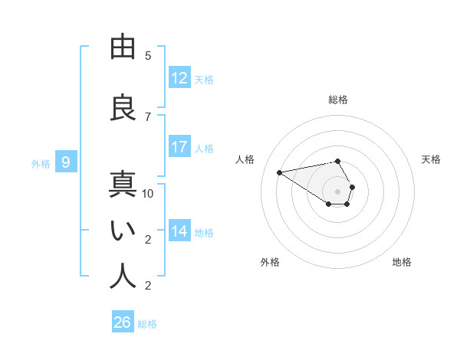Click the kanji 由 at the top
pyautogui.click(x=123, y=47)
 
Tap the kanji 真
pyautogui.click(x=123, y=185)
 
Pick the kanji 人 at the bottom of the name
pyautogui.click(x=123, y=277)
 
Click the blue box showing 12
pyautogui.click(x=179, y=78)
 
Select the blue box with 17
pyautogui.click(x=179, y=147)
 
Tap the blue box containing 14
pyautogui.click(x=179, y=231)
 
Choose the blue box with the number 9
pyautogui.click(x=66, y=162)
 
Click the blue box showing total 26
pyautogui.click(x=123, y=322)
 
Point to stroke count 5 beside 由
pyautogui.click(x=148, y=56)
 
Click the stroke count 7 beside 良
pyautogui.click(x=148, y=117)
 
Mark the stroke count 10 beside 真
pyautogui.click(x=148, y=194)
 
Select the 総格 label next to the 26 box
pyautogui.click(x=147, y=324)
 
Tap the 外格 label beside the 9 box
pyautogui.click(x=41, y=163)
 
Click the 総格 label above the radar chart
pyautogui.click(x=338, y=100)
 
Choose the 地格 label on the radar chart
pyautogui.click(x=402, y=262)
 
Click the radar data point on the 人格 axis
pyautogui.click(x=280, y=172)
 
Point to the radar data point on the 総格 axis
pyautogui.click(x=338, y=161)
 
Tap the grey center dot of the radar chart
pyautogui.click(x=338, y=191)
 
